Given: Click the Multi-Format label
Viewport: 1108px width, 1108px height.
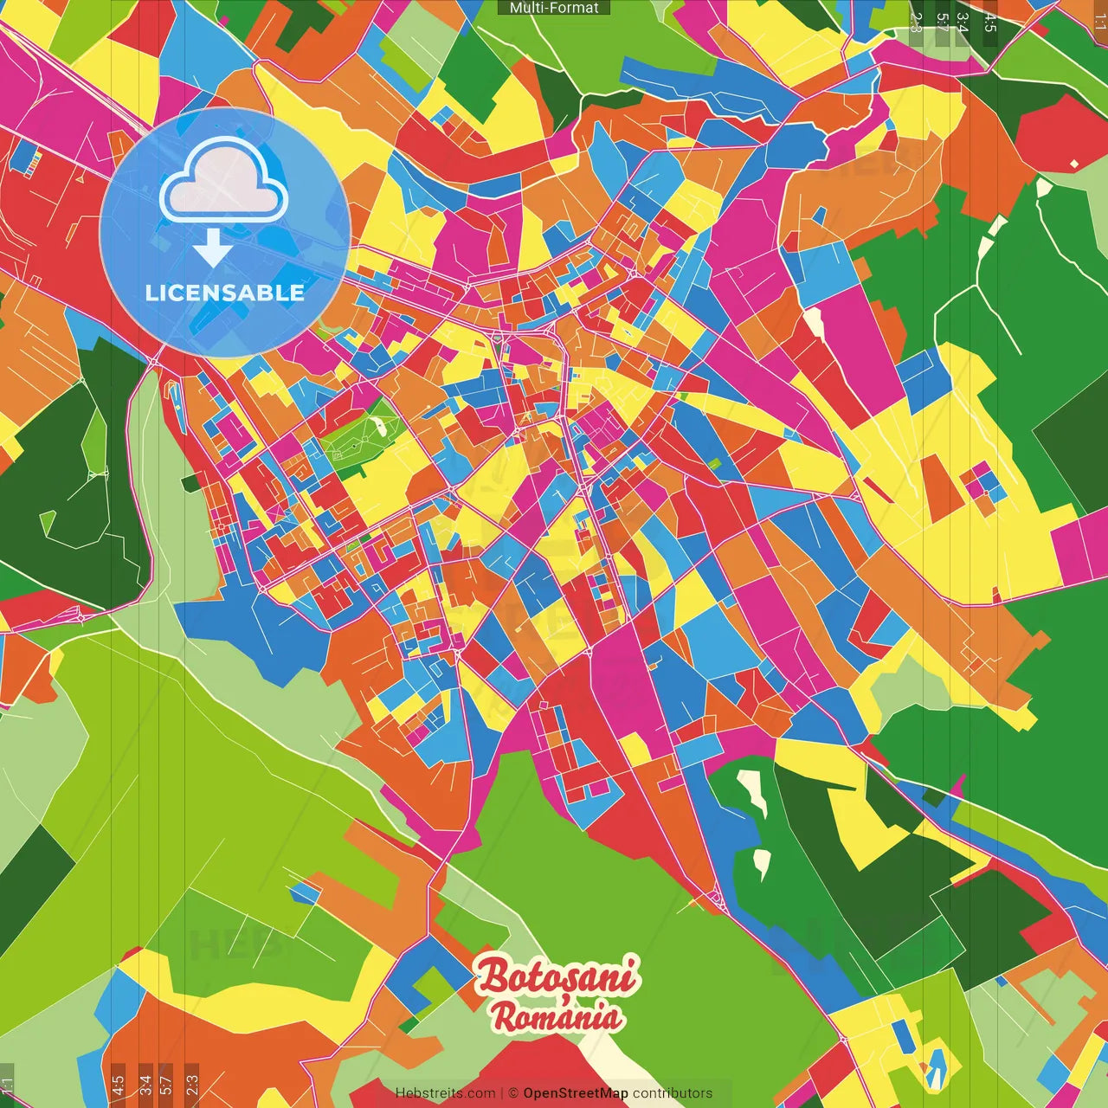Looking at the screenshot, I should [554, 8].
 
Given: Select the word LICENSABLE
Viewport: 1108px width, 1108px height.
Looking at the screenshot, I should [225, 293].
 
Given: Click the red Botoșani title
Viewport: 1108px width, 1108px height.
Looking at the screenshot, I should [558, 976].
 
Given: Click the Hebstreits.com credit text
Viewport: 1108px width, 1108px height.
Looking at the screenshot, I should [445, 1093].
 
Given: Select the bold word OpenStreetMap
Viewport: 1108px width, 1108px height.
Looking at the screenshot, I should [576, 1093].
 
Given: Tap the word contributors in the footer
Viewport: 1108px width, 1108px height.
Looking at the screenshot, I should [673, 1093].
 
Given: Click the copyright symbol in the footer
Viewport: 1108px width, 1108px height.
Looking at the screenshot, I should [512, 1093].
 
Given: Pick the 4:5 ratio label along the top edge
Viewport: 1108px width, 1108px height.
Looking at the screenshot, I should [990, 23].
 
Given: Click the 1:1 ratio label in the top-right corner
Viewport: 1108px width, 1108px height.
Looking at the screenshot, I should [1099, 23].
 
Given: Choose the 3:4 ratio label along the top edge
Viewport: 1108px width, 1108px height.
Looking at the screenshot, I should [963, 23].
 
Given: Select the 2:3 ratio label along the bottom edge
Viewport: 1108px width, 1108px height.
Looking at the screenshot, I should [191, 1085].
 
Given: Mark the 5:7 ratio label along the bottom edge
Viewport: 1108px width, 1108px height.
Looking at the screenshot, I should [166, 1085].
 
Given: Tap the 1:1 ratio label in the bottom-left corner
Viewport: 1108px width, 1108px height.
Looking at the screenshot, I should [7, 1085].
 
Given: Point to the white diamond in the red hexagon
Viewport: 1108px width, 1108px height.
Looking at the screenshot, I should [1074, 164].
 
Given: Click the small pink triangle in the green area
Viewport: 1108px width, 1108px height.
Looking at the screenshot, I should [958, 783].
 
